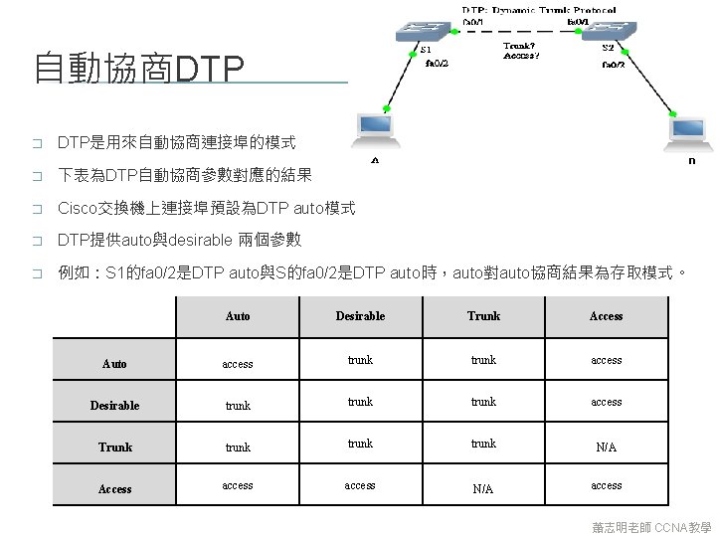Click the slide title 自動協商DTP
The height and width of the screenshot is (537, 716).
click(139, 69)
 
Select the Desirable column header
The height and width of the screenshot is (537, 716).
click(360, 316)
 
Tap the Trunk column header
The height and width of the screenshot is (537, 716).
click(483, 316)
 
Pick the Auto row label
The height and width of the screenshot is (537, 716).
click(114, 364)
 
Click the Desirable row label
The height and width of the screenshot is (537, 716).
click(114, 406)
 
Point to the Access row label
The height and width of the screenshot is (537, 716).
click(114, 489)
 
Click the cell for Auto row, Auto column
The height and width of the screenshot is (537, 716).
click(238, 364)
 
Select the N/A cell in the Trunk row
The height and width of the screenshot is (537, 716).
click(607, 447)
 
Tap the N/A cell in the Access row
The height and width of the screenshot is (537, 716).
click(483, 489)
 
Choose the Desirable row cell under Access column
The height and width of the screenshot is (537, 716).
click(607, 402)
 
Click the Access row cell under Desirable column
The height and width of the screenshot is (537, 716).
click(360, 485)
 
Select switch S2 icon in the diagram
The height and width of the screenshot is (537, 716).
click(608, 32)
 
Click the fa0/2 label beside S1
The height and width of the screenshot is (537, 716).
click(437, 64)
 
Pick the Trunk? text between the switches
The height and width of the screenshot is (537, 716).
click(522, 45)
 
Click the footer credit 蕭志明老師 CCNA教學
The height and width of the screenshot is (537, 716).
click(650, 526)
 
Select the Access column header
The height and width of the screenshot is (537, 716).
click(607, 316)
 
